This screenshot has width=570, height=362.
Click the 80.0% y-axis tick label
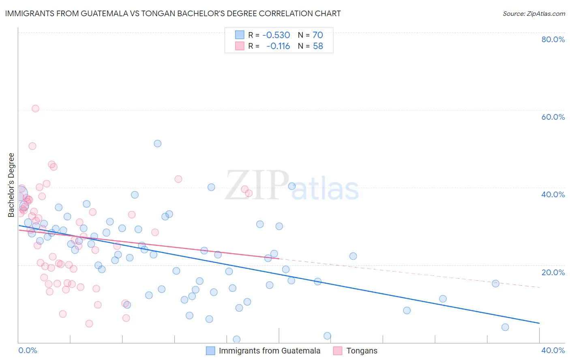click(x=553, y=39)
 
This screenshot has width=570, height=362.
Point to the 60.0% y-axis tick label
click(x=553, y=117)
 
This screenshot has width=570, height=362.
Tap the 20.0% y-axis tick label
click(x=553, y=272)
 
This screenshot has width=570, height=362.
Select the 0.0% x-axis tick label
click(x=28, y=350)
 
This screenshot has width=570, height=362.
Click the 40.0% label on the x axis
click(x=553, y=350)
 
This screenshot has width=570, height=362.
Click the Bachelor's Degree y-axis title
click(x=11, y=185)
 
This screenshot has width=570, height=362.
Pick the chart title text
click(x=173, y=13)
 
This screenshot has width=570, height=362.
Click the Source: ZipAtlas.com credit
click(x=534, y=13)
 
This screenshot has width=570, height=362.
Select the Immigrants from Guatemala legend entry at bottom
click(x=269, y=351)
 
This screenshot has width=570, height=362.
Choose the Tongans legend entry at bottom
click(x=362, y=351)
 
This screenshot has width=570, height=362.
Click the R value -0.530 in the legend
click(x=276, y=35)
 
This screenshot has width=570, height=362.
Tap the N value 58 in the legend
click(x=318, y=46)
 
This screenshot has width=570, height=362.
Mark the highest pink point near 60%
click(x=35, y=108)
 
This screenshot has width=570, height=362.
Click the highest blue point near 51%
click(x=158, y=143)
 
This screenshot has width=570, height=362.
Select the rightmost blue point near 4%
click(x=505, y=327)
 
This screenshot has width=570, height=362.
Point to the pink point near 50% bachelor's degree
click(x=32, y=146)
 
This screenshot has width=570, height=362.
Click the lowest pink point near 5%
click(x=89, y=323)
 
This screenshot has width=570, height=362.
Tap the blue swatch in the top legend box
click(x=240, y=35)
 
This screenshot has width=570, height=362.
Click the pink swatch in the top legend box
click(x=240, y=46)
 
